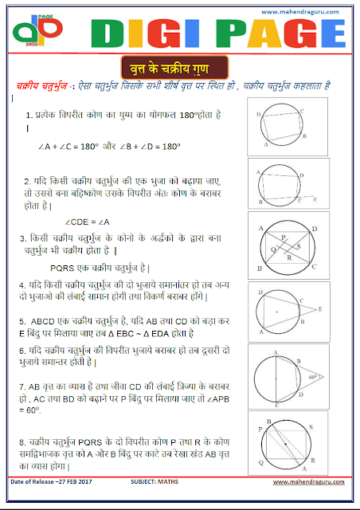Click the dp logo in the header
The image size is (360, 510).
[x=29, y=33]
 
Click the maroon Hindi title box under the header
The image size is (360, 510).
[x=180, y=65]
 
